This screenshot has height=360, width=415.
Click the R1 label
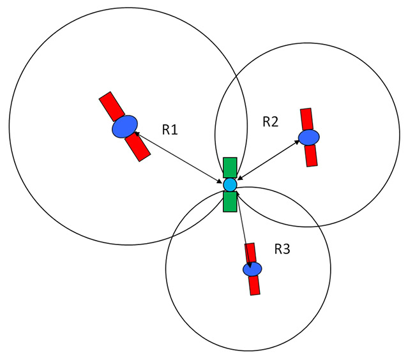pos(170,130)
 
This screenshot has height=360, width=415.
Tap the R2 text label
pos(271,122)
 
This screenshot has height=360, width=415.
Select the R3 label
pos(282,249)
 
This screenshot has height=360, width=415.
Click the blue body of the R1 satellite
pos(124,126)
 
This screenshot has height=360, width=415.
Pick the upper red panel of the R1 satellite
pos(112,106)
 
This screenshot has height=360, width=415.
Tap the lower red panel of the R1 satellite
pos(138,147)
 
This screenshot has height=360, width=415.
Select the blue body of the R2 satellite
pos(309,137)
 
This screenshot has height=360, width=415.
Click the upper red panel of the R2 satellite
pos(306,119)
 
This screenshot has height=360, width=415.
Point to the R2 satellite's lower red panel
pos(311,156)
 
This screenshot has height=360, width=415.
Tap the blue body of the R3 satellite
pos(252,269)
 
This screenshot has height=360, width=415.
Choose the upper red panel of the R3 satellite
pos(250,253)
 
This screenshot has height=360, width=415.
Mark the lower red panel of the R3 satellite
pos(254,285)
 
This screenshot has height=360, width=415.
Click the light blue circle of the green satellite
pos(230,184)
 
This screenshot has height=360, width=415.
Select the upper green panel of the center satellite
pos(230,168)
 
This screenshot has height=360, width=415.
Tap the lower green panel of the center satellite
pos(230,202)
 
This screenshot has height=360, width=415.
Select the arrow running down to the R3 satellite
pos(244,230)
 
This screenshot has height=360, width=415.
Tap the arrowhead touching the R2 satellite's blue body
pos(297,142)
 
